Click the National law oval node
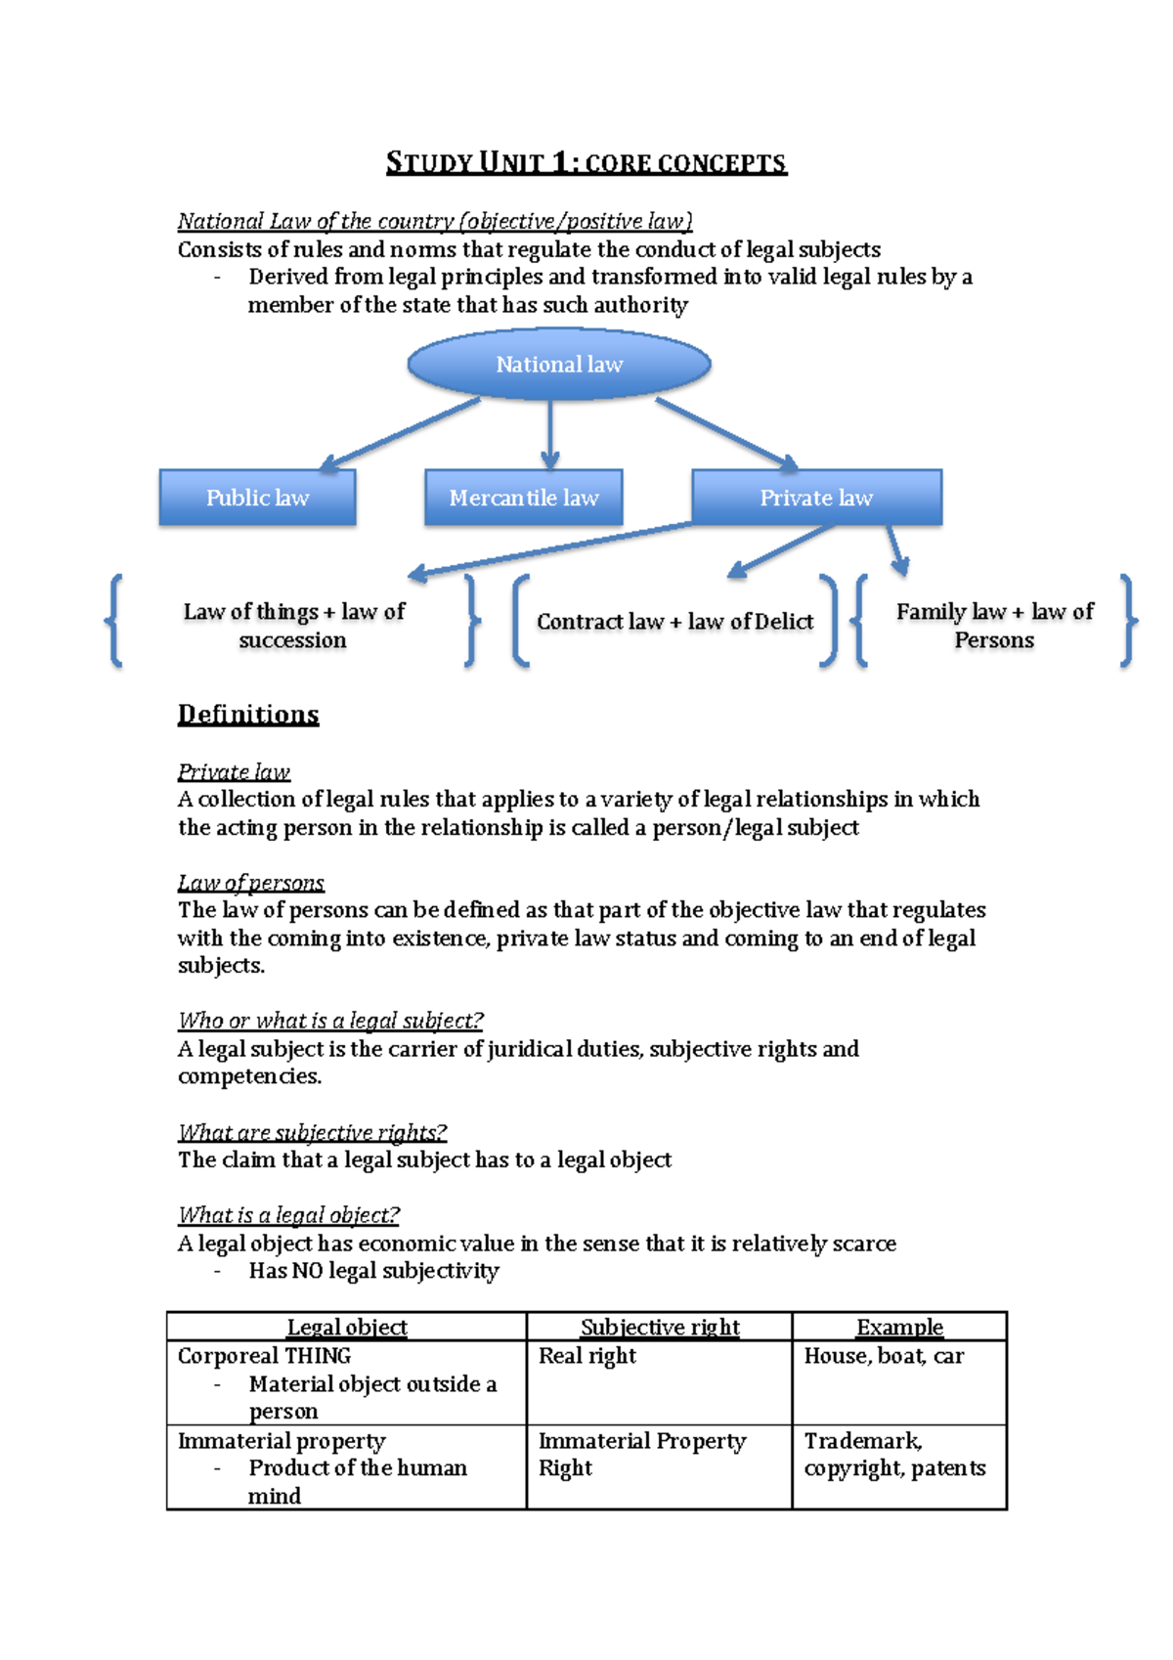(x=558, y=365)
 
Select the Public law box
(x=257, y=498)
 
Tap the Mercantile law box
(x=524, y=498)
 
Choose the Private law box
(x=816, y=498)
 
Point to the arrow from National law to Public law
(x=401, y=434)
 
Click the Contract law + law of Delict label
(x=674, y=622)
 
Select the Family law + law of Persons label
(x=994, y=626)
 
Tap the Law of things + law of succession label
(x=293, y=626)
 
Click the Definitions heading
(x=248, y=715)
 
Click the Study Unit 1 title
(x=586, y=162)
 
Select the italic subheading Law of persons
(x=250, y=883)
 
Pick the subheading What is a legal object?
(x=288, y=1215)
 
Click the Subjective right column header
(x=660, y=1327)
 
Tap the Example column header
(x=899, y=1327)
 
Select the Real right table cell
(x=587, y=1356)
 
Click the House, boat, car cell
(x=884, y=1356)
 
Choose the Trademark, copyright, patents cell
(x=894, y=1455)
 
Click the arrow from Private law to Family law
(x=896, y=550)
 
